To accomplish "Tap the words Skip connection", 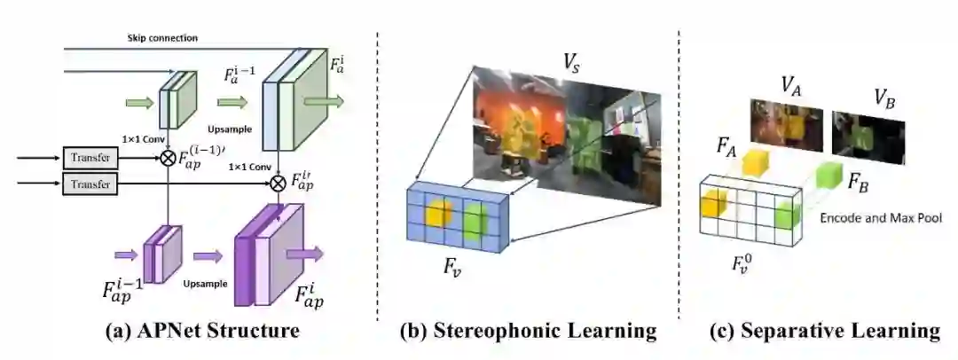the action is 161,38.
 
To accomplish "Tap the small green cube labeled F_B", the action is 826,176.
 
